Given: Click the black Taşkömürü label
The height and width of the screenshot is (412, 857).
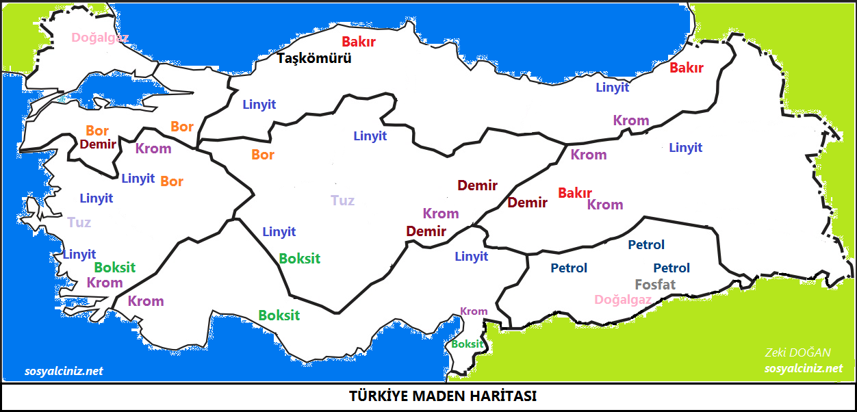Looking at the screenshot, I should point(314,59).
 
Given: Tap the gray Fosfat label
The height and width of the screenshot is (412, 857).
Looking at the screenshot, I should point(655,285).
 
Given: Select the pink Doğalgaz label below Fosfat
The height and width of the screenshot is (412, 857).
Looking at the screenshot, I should point(623,300).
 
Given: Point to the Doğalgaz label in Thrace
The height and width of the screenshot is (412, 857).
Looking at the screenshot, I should point(100,38).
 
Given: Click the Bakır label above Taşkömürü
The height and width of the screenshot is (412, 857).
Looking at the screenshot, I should point(359,42).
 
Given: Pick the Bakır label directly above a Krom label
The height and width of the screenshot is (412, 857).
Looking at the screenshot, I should point(575,193).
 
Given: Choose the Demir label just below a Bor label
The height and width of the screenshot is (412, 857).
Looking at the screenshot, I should point(98,144).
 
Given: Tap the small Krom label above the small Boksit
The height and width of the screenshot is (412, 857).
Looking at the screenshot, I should point(474,311).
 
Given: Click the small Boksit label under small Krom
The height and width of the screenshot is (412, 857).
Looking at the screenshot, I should point(468,344).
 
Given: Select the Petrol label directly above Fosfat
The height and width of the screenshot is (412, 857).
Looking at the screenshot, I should point(671,268).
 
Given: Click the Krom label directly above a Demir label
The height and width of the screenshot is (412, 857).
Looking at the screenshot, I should point(441,214).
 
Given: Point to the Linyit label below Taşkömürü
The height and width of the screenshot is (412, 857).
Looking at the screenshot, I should point(259,105).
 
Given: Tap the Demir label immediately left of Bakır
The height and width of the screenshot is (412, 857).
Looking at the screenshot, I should point(527,203).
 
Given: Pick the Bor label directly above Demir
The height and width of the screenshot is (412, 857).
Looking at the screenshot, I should point(97,131).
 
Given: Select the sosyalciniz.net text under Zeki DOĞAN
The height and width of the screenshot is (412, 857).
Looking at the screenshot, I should point(804,368).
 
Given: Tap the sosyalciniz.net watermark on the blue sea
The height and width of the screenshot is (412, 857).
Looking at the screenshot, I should point(64,371).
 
